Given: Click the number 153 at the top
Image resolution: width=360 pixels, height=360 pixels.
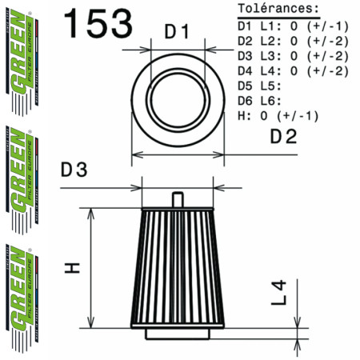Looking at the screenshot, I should [98, 24].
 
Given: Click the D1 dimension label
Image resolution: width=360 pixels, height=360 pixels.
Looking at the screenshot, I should [176, 34].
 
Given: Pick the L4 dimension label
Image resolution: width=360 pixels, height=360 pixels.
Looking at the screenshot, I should [277, 292].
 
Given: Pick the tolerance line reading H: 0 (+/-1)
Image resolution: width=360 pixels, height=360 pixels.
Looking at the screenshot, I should [278, 116].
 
